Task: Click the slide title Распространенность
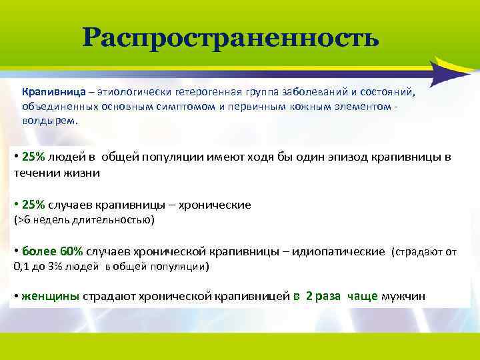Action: [x=231, y=38]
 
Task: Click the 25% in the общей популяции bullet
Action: [x=33, y=157]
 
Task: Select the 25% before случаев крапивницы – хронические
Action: [x=33, y=205]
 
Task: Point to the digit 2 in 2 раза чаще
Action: [x=309, y=297]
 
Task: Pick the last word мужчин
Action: [x=403, y=297]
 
